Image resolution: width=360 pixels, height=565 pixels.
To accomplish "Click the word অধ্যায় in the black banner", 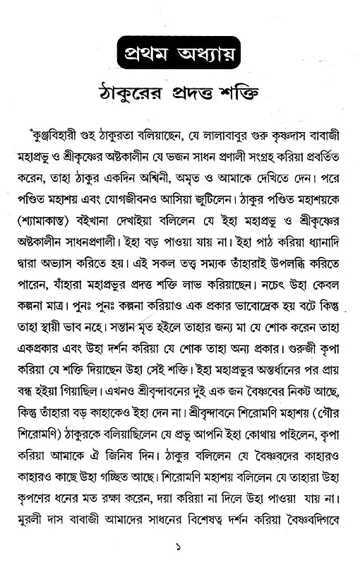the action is [215, 54].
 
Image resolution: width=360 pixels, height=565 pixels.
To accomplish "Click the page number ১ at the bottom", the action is [180, 545].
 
